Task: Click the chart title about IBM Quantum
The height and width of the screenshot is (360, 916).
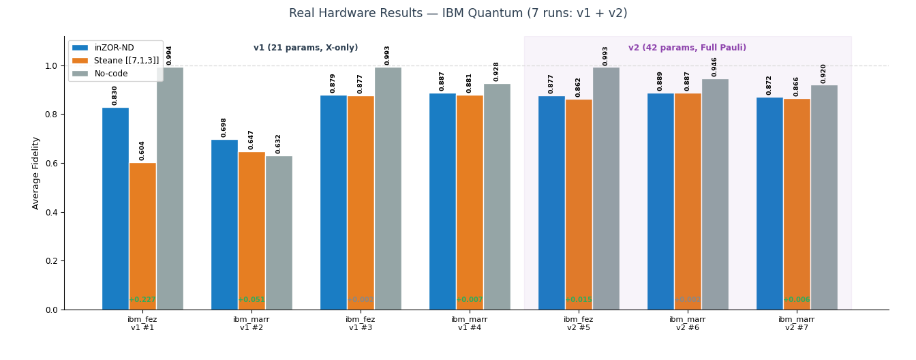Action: coord(458,14)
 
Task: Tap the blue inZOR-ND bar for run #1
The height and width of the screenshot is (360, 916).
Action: coord(115,208)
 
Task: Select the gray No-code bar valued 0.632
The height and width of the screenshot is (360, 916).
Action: coord(279,232)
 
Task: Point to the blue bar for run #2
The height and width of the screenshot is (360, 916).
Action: coord(224,224)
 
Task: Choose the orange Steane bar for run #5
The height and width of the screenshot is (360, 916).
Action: coord(579,205)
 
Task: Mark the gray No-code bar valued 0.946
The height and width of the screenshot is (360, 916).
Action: coord(715,194)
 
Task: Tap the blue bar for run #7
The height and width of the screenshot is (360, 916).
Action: coord(769,203)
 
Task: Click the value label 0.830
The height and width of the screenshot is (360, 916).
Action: coord(115,95)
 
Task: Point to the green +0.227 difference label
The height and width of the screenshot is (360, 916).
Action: coord(142,300)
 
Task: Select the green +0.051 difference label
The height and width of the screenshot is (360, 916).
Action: coord(251,300)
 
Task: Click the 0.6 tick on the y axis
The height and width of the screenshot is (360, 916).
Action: coord(50,164)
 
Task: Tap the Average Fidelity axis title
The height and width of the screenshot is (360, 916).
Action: coord(36,173)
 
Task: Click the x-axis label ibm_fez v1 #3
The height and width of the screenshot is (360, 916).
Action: coord(360,323)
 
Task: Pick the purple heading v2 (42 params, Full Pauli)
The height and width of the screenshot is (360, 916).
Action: coord(687,48)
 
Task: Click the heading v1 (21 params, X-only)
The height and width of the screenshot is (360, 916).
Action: coord(305,48)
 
